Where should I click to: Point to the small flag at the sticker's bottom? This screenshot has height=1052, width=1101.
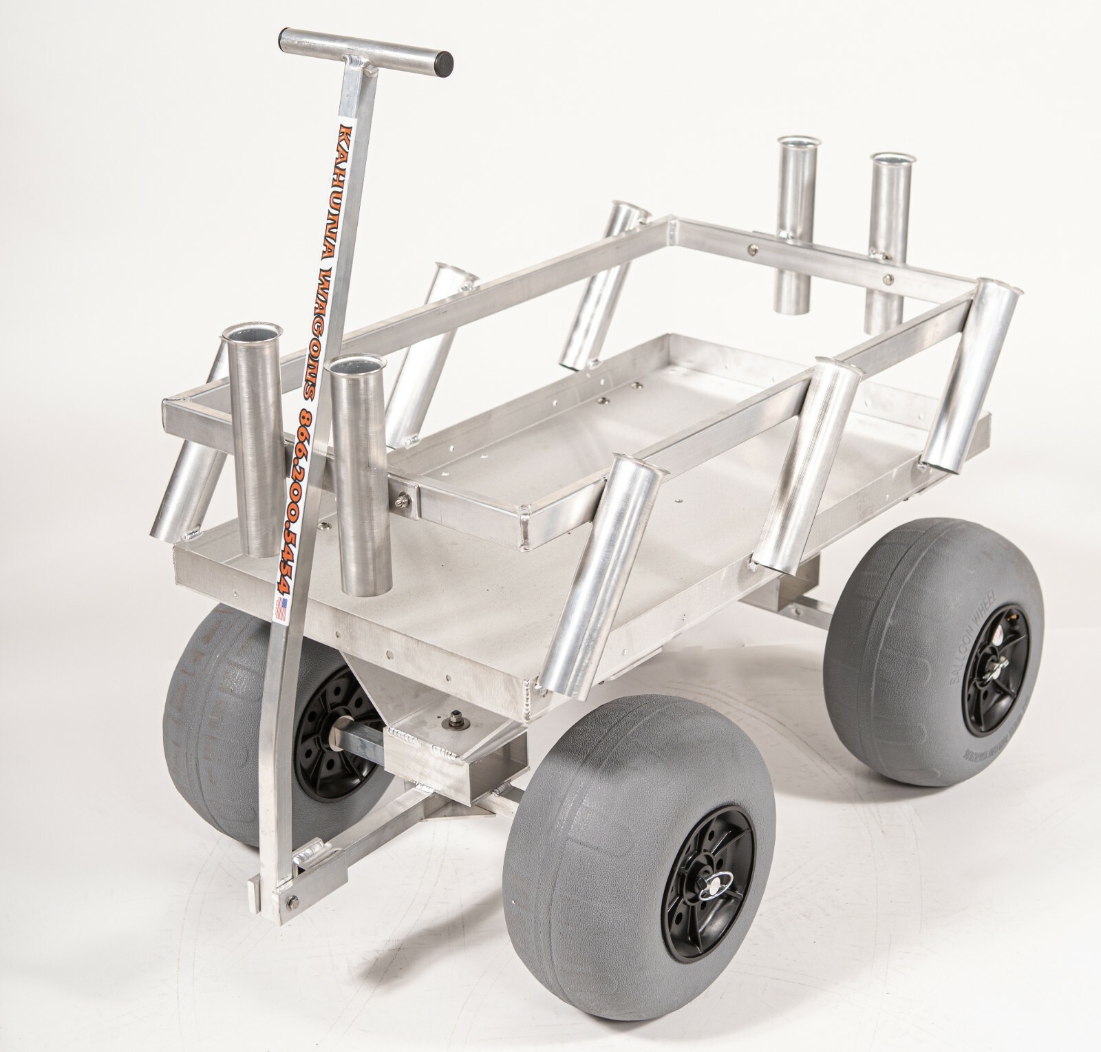tap(280, 610)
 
